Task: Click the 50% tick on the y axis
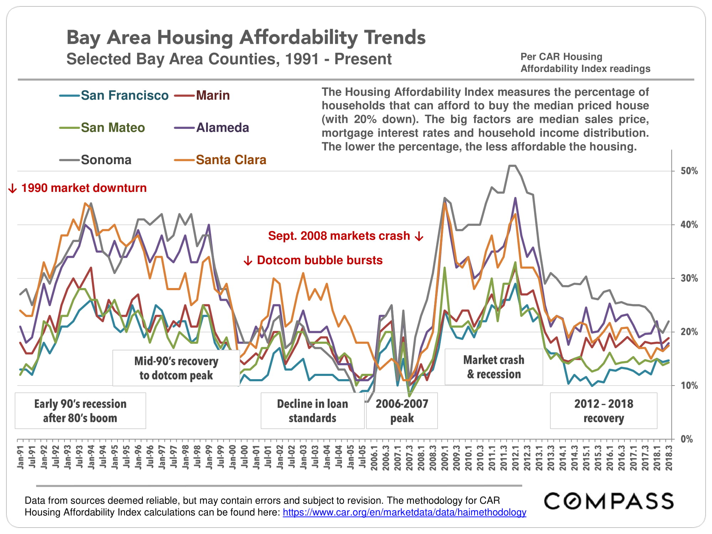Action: (689, 171)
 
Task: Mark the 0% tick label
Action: (687, 439)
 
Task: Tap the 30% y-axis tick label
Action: (689, 278)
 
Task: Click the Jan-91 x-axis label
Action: (20, 457)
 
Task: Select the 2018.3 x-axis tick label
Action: (669, 458)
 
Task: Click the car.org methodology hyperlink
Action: (404, 512)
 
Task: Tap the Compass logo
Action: (609, 501)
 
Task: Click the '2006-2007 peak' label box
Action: (402, 410)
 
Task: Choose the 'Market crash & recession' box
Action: (494, 367)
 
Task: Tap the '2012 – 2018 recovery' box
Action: (603, 410)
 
